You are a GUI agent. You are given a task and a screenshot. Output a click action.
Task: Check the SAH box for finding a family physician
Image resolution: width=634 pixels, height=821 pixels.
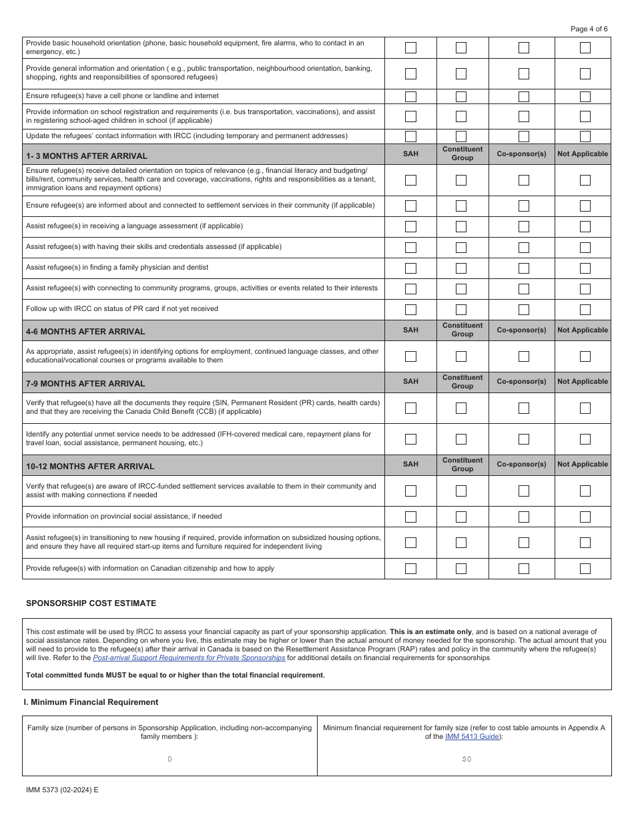point(410,268)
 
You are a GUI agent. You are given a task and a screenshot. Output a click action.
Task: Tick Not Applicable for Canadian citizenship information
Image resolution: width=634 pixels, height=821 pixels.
point(585,569)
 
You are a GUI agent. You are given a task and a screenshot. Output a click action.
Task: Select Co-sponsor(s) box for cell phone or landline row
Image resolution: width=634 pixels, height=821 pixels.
point(524,97)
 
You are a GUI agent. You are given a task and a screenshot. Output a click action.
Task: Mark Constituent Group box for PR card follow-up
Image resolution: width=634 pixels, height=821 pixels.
point(461,310)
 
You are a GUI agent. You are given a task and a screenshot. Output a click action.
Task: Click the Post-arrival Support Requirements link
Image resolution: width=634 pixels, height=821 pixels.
point(189,657)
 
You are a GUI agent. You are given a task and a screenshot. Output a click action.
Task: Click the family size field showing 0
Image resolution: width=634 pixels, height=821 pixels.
point(170,759)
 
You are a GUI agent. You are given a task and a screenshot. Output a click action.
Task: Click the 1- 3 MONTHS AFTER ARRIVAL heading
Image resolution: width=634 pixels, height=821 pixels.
point(87,156)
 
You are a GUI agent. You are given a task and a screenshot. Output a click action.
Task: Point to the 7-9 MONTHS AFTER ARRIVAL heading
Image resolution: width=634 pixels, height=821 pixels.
point(85,384)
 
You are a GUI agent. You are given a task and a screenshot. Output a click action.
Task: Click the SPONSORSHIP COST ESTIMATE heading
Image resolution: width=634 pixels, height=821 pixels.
point(91,603)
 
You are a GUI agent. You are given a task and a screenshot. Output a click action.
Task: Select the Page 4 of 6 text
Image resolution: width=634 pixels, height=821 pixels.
point(589,29)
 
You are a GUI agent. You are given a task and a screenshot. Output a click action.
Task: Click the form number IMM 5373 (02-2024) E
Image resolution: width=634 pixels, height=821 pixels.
point(62,790)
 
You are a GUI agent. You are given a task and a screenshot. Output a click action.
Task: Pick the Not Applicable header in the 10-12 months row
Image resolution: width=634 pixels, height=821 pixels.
point(583,465)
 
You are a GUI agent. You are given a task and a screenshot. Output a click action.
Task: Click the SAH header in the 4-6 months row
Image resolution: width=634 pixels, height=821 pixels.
point(410,330)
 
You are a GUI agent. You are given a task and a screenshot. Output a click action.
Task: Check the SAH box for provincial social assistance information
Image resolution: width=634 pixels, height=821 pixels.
point(410,517)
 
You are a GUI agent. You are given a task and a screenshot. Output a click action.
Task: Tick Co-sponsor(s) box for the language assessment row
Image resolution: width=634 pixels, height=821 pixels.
point(524,227)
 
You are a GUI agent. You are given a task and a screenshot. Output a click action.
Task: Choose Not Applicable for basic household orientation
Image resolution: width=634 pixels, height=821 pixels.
point(585,48)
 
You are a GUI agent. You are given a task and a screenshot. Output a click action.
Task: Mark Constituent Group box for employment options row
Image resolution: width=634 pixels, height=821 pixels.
point(461,356)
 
